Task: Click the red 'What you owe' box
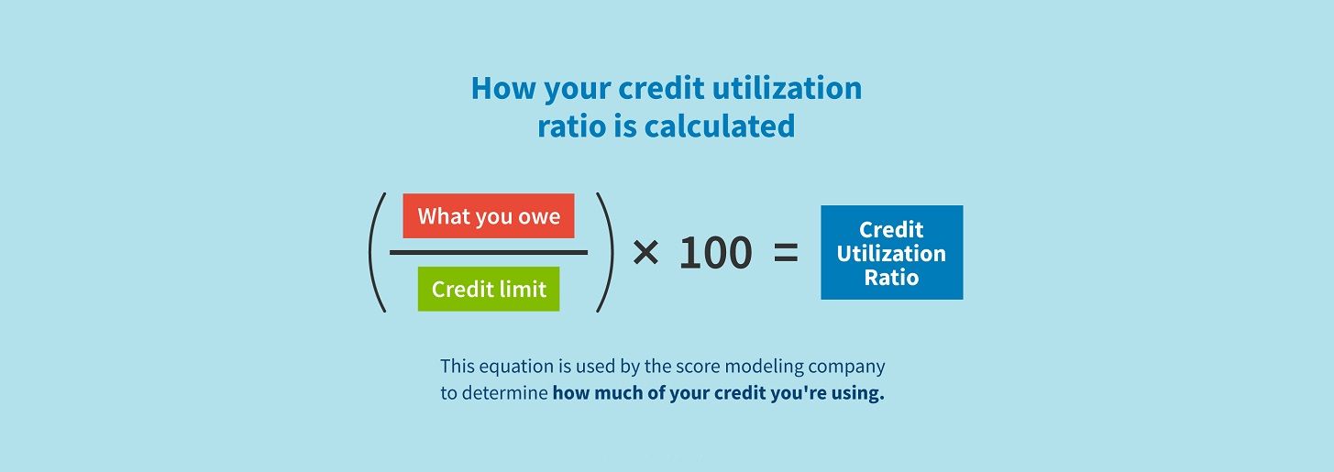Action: pos(489,215)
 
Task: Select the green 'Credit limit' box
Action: pos(489,289)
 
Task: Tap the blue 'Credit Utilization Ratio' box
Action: pos(891,252)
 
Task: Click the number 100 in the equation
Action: pos(715,252)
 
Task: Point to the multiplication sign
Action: pos(645,252)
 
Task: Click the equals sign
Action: pos(786,253)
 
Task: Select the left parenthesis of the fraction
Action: pos(377,252)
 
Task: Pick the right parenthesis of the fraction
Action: pos(605,252)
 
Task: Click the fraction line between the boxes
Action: pos(489,252)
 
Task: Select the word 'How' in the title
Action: pos(503,88)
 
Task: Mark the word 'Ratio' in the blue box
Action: pos(891,278)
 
